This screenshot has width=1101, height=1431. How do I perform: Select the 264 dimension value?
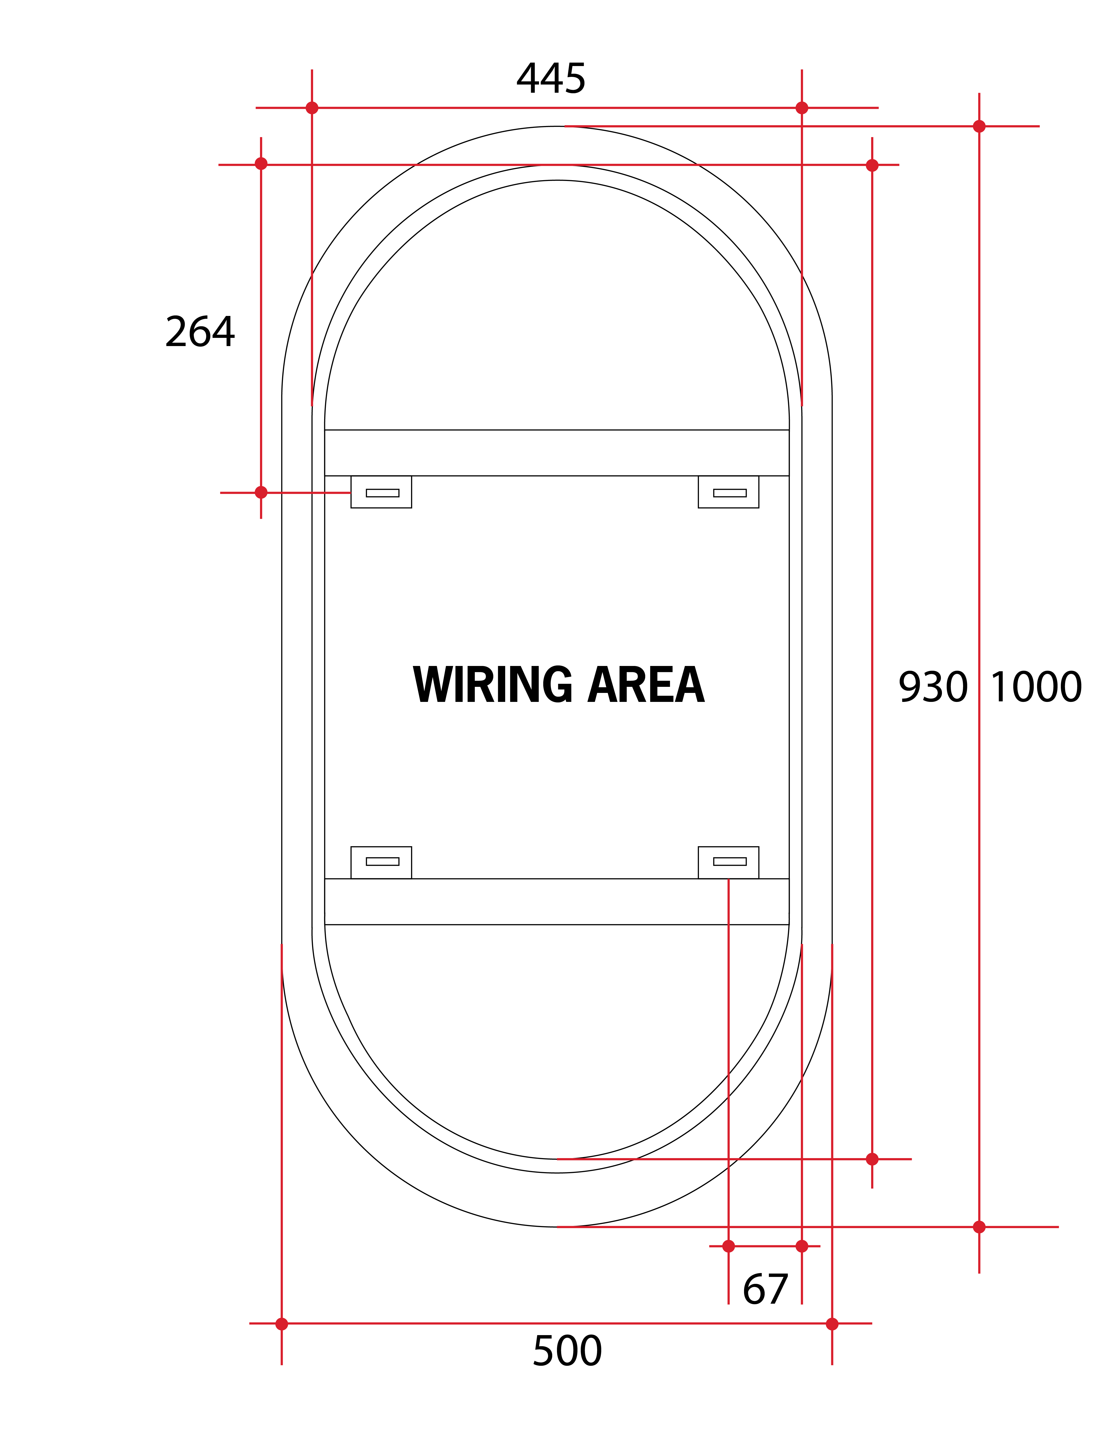click(x=200, y=332)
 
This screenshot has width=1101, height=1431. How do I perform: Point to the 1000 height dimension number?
click(x=1035, y=687)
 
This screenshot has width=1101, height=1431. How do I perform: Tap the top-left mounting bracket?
click(x=382, y=492)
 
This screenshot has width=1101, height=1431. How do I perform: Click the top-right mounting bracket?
click(x=729, y=492)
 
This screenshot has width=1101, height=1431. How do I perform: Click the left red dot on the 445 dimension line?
click(x=312, y=108)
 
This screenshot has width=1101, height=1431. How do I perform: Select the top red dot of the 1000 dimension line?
click(x=979, y=127)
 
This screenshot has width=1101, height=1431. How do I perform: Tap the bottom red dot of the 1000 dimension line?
click(x=979, y=1227)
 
